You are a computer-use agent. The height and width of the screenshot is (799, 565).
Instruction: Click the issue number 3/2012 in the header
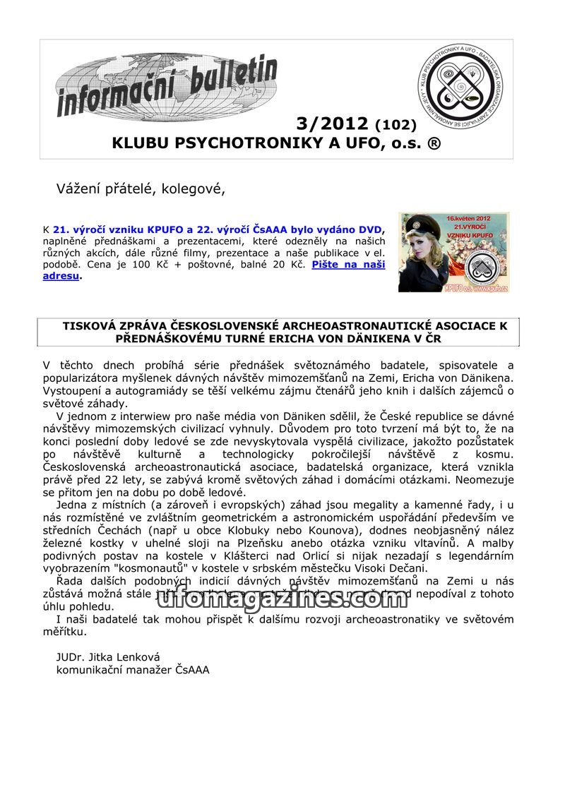pos(333,124)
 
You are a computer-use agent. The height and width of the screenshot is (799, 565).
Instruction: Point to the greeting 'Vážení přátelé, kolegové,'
pos(141,188)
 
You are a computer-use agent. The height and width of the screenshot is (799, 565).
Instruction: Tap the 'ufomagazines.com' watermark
pos(282,599)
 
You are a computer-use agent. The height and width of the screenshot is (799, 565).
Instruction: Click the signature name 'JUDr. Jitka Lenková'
pos(108,656)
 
